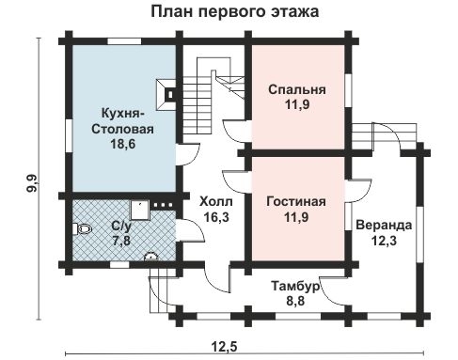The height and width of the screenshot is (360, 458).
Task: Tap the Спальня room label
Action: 296,90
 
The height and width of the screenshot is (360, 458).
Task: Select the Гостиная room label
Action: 296,202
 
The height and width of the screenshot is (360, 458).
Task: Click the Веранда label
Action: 383,226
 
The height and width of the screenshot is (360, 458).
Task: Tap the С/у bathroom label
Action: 121,227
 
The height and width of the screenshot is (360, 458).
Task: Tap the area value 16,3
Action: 213,217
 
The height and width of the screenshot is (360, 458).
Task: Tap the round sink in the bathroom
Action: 148,253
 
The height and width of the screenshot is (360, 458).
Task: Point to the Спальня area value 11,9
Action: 296,106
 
